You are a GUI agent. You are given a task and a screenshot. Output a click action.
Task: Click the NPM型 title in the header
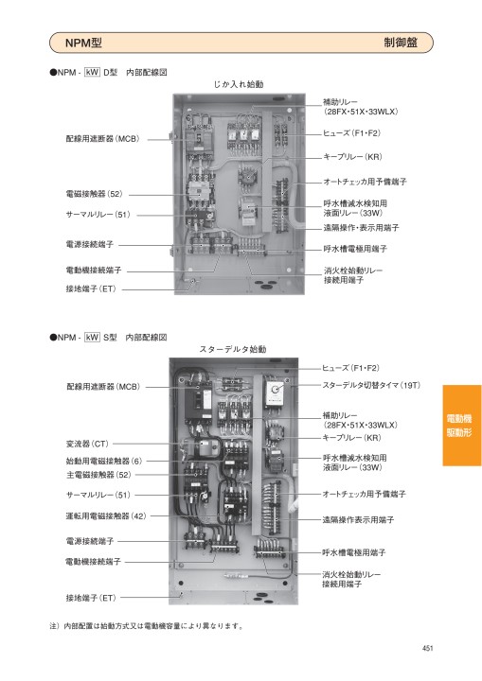coord(83,43)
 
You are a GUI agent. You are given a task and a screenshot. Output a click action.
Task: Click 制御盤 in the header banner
coord(401,43)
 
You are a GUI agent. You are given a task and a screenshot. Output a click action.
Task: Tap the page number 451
coord(428,648)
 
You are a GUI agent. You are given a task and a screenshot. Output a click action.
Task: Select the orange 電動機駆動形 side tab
coord(462,426)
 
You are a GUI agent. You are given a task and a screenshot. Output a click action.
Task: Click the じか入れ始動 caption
coord(239,84)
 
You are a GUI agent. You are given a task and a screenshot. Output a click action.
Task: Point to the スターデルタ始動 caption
coord(233,349)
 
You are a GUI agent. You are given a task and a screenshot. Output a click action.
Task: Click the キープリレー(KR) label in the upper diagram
coord(352,157)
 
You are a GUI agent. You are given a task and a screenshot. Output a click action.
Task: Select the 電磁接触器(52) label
coord(95,194)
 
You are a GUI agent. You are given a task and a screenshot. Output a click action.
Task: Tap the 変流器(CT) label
coord(87,444)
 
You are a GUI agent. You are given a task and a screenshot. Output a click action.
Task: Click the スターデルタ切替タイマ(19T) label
coord(371,385)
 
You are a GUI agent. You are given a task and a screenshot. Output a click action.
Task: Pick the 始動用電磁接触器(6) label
coord(104,461)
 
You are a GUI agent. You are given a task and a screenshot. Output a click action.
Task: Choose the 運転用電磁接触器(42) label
coord(106,516)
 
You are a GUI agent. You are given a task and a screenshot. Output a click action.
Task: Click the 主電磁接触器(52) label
coord(98,475)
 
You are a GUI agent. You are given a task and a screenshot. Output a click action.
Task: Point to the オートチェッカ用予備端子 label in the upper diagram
coord(365,182)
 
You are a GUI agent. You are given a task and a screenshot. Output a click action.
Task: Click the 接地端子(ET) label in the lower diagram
coord(91,598)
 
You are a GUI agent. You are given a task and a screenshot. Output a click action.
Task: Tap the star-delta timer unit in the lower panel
coord(276,393)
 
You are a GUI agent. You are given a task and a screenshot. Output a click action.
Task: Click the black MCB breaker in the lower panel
coord(198,403)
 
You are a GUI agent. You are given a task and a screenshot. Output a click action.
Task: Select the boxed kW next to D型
coord(92,72)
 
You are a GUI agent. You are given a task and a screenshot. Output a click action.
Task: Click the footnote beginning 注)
coord(147,626)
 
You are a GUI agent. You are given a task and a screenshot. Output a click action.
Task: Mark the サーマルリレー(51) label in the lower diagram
coord(98,495)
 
